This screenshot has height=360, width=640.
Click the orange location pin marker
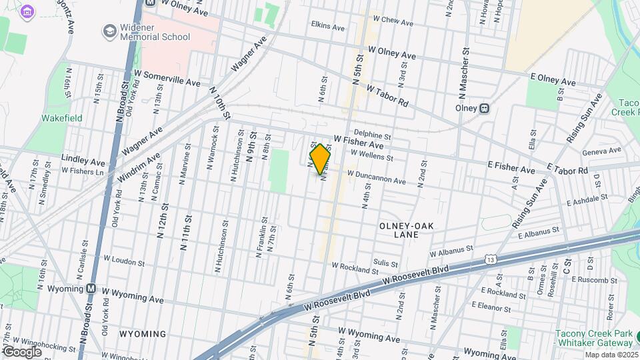coord(321,159)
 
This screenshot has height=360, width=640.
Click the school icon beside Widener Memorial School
coord(109,31)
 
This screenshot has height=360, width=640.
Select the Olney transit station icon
coord(486,108)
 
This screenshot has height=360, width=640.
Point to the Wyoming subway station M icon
coord(91,289)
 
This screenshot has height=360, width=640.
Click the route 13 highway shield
coord(491,258)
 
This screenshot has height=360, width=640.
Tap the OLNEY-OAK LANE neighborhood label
coord(406,230)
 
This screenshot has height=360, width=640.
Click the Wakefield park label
coord(61,118)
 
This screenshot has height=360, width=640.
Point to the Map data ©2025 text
coord(611,355)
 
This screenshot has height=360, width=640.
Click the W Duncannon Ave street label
coord(376,177)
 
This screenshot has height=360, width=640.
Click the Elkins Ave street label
coord(327,27)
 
